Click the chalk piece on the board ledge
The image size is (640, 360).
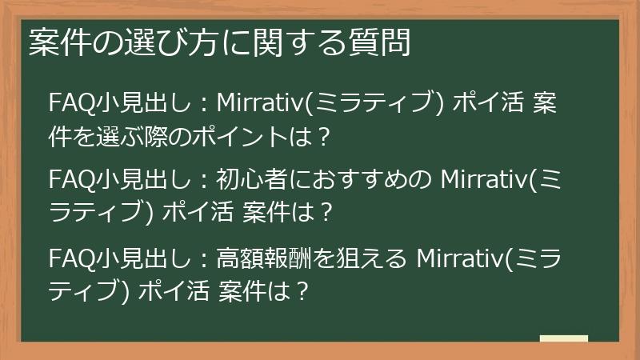click(x=563, y=339)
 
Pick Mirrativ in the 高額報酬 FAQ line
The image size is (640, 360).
click(x=464, y=258)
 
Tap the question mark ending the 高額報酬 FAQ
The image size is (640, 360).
click(x=302, y=292)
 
